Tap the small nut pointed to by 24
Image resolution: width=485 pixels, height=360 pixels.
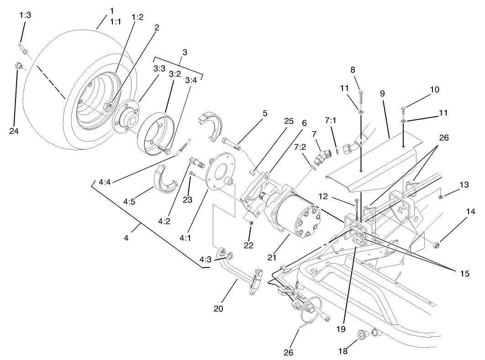point(17,67)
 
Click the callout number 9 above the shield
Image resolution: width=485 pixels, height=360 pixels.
point(382,94)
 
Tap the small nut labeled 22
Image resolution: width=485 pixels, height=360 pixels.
point(251,222)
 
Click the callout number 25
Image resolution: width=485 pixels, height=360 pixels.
point(288,122)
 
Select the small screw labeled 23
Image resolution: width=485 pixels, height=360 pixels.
point(192,174)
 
